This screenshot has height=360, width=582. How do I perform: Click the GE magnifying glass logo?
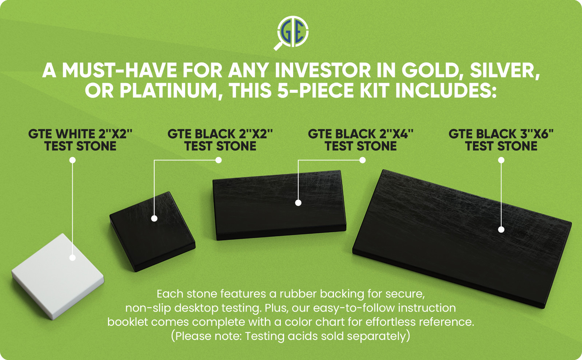click(x=291, y=32)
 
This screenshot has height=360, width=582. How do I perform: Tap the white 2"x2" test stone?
click(x=58, y=276)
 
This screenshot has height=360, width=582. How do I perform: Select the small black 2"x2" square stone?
click(x=152, y=232)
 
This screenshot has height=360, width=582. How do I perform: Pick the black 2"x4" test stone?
click(x=279, y=205)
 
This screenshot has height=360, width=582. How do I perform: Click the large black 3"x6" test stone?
click(x=462, y=239)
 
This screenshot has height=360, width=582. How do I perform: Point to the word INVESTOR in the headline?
click(x=323, y=70)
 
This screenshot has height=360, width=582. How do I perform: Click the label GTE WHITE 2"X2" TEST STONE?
click(x=80, y=140)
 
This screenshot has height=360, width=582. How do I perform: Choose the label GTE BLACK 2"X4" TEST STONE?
click(x=360, y=140)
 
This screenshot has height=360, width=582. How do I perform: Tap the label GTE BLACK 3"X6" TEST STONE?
click(x=501, y=140)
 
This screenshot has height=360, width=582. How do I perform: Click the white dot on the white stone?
click(x=72, y=258)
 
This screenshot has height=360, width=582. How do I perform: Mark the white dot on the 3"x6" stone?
click(x=501, y=230)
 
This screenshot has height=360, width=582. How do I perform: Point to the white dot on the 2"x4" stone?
click(x=298, y=203)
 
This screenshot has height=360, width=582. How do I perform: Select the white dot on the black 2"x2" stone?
click(x=154, y=218)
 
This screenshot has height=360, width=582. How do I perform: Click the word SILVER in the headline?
click(x=505, y=70)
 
